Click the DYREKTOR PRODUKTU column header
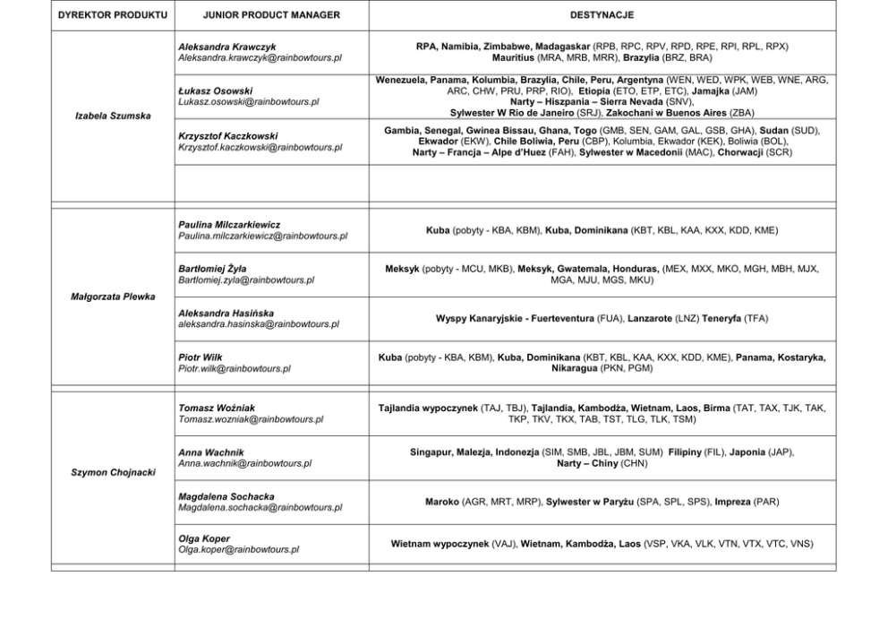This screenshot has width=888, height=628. [111, 15]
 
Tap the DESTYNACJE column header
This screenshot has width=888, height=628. [602, 15]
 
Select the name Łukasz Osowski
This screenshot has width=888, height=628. [215, 90]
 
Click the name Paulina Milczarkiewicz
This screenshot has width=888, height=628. [229, 224]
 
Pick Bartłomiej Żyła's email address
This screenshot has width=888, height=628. [246, 280]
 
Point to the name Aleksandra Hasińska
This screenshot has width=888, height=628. [226, 313]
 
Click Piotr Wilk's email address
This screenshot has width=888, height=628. [235, 367]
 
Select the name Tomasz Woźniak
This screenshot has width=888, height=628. [217, 408]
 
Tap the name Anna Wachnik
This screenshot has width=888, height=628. [210, 452]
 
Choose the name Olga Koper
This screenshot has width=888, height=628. [204, 538]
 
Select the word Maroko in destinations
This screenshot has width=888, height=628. [442, 502]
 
